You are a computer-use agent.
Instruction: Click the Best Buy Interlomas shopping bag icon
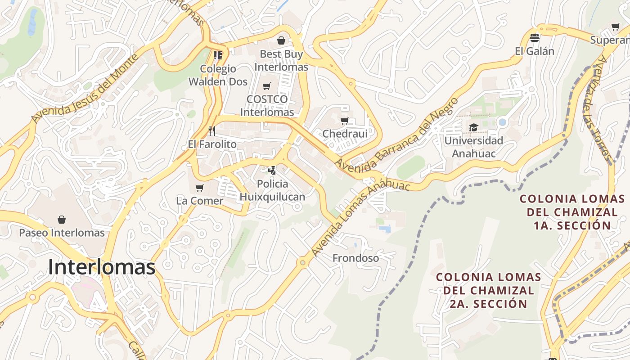click(281, 41)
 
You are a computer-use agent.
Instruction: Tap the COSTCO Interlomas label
click(267, 105)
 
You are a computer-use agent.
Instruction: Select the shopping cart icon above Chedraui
click(345, 121)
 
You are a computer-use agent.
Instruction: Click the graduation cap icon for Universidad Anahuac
click(473, 128)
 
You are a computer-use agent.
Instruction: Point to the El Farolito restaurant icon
click(212, 131)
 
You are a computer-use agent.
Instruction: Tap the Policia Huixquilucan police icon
click(272, 171)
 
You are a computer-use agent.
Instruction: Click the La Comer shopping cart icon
click(199, 188)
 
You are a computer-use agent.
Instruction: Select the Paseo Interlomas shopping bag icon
click(62, 220)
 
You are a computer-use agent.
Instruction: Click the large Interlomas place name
click(102, 267)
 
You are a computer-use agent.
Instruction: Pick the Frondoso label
click(355, 258)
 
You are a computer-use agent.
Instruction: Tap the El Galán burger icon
click(535, 37)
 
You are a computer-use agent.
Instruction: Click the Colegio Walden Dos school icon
click(218, 55)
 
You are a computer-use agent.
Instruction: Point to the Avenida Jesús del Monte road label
click(85, 89)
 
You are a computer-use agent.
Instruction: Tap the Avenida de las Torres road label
click(602, 110)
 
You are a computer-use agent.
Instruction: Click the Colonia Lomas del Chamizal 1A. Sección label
click(572, 212)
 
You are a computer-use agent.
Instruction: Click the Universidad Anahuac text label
click(473, 147)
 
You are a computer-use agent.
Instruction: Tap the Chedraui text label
click(345, 134)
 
